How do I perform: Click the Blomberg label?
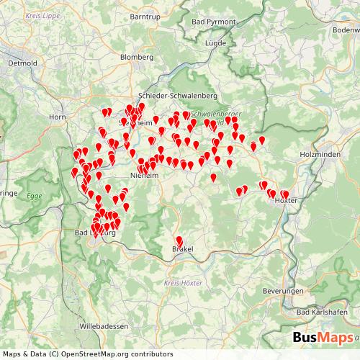click(136, 57)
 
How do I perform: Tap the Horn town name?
click(57, 116)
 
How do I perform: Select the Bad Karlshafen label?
click(322, 312)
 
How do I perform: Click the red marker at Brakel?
click(179, 240)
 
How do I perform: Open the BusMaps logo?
click(323, 338)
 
